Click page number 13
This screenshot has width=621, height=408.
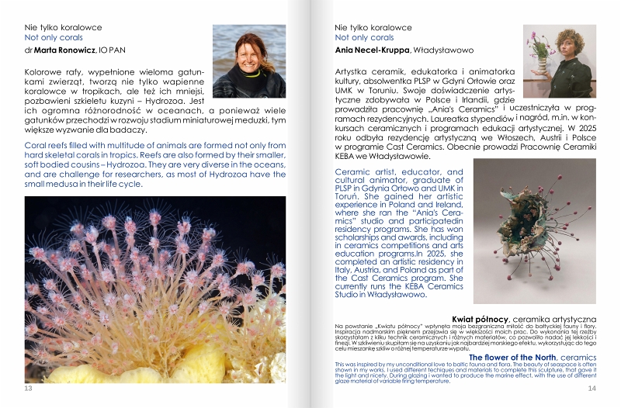29,388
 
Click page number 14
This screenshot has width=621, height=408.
592,388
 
